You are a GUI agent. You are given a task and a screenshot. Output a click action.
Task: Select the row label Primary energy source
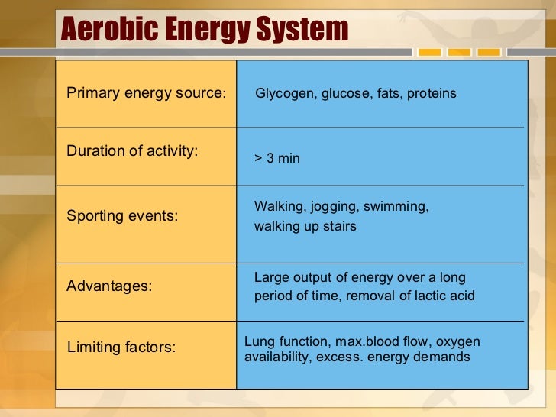[x=146, y=93]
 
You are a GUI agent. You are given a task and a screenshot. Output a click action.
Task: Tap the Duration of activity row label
[x=132, y=150]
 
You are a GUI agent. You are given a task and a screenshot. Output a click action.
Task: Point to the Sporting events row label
[x=122, y=215]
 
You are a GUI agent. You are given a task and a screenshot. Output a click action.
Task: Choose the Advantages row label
[x=109, y=286]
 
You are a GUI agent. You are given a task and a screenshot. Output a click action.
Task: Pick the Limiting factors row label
[x=121, y=347]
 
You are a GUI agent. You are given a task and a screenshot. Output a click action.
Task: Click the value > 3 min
[x=277, y=158]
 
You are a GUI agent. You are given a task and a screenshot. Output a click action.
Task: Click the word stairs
[x=339, y=226]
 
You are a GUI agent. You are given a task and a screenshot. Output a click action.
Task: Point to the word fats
[x=389, y=93]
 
